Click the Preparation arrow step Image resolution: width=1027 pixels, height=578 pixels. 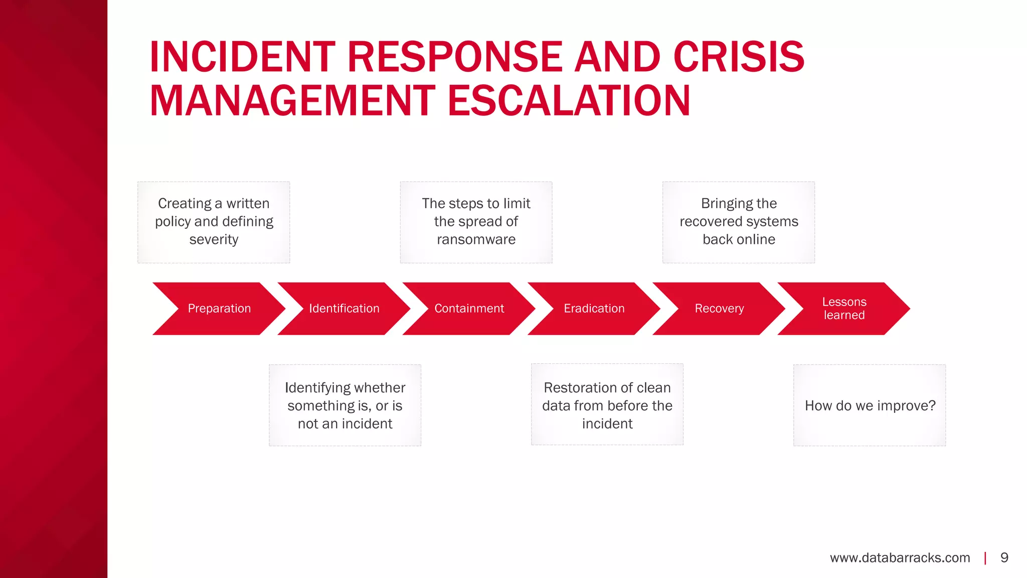pos(219,309)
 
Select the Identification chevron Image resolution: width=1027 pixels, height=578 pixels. pos(344,309)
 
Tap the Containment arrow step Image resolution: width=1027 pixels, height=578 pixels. pos(469,309)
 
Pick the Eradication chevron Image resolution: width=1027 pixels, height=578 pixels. pos(594,309)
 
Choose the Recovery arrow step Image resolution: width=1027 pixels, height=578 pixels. pos(719,309)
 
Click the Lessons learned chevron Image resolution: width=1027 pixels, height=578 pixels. pos(844,309)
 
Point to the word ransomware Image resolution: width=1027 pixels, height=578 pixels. pos(476,240)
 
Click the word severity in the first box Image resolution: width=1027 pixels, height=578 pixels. pos(214,240)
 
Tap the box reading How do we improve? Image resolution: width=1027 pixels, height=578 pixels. pos(870,405)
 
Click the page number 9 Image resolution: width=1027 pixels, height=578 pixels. pos(1004,558)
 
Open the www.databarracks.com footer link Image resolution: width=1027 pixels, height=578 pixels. pos(900,558)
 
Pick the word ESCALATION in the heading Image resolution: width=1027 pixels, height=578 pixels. pos(569,101)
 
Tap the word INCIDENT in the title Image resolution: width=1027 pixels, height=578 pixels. pos(242,57)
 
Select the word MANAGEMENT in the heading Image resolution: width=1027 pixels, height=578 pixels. pos(292,101)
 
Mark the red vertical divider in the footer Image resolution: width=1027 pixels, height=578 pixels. pos(985,558)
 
